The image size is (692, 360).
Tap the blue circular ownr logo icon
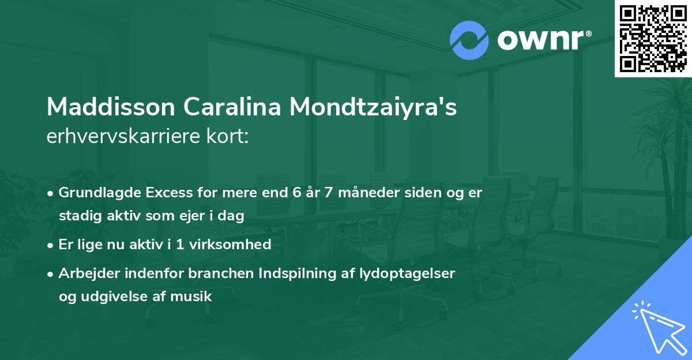[x=469, y=40]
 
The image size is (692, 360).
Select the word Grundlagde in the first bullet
[x=94, y=193]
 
